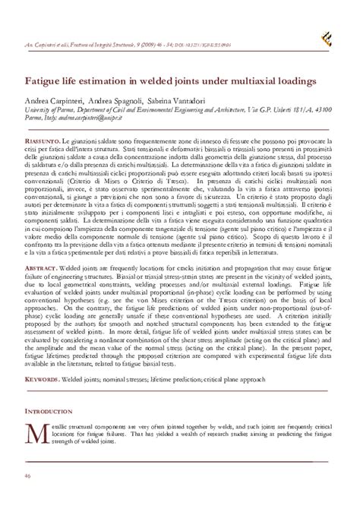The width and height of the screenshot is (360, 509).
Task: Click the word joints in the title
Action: click(223, 80)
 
